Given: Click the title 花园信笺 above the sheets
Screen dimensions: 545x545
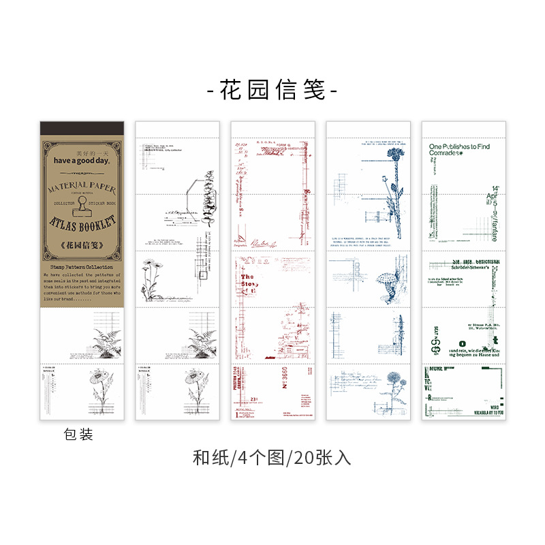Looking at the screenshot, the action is [272, 90].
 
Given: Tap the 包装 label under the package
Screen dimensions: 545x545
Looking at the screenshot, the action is [78, 434].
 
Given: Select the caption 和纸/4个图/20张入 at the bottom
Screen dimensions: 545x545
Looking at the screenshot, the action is [272, 458].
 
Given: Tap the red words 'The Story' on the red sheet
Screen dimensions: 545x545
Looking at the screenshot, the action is [247, 281].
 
